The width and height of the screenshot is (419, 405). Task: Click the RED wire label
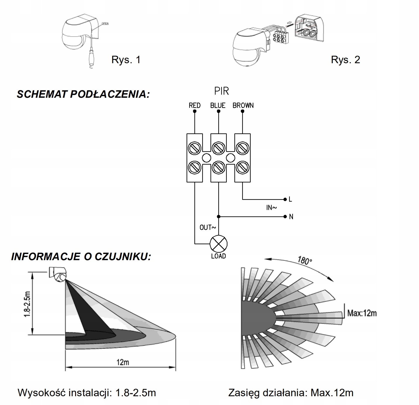(195, 105)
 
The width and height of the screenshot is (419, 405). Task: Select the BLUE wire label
(218, 105)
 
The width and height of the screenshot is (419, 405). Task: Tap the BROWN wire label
(243, 105)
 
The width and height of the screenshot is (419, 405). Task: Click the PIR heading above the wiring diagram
(221, 91)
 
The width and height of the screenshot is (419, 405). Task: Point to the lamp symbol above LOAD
(219, 244)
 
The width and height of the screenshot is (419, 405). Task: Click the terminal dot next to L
(285, 199)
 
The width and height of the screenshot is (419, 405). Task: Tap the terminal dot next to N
(285, 216)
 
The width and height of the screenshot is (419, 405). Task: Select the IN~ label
(271, 207)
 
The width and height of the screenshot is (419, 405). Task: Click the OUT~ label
(207, 227)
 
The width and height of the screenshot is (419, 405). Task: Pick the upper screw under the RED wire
(195, 148)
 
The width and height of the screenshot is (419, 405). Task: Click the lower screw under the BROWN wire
(243, 167)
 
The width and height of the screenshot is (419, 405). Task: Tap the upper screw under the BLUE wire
(219, 148)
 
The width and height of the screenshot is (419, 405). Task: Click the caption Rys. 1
(126, 60)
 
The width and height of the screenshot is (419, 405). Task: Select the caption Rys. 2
(345, 60)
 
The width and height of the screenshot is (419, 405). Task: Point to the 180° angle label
(305, 260)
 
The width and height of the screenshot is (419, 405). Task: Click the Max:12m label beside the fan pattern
(362, 313)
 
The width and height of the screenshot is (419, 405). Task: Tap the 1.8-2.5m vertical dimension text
(27, 304)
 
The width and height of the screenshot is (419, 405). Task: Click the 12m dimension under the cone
(123, 362)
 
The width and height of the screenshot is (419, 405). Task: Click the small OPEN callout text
(105, 23)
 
